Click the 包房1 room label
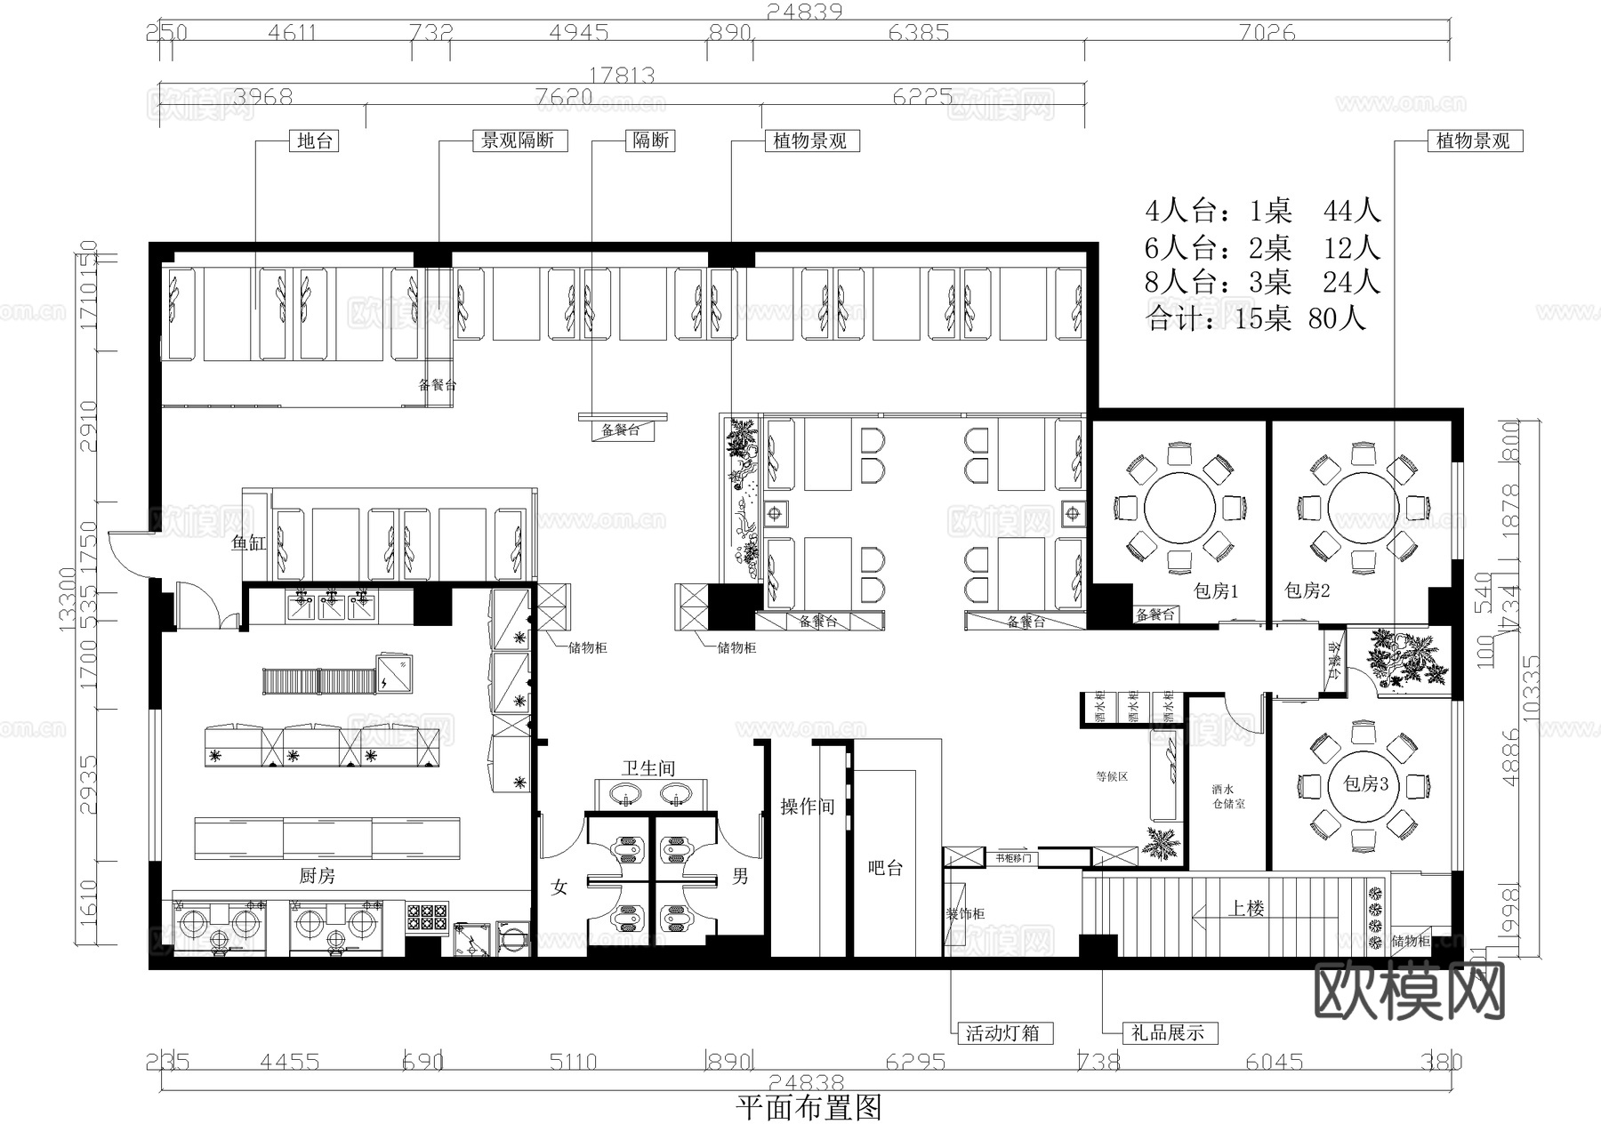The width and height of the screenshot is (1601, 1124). (x=1215, y=591)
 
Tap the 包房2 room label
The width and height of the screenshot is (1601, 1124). (x=1307, y=591)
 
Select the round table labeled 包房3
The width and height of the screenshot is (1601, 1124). (x=1365, y=783)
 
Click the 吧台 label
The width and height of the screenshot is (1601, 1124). (x=885, y=868)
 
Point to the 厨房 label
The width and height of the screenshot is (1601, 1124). (x=317, y=876)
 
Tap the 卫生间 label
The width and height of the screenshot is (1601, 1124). (x=648, y=768)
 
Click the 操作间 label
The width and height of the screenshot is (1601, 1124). (x=807, y=807)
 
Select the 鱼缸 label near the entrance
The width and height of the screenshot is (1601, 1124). (x=248, y=542)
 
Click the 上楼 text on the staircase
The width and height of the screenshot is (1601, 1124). (x=1246, y=909)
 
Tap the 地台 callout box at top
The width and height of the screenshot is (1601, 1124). (x=315, y=140)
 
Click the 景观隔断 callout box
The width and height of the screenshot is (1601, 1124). (x=518, y=140)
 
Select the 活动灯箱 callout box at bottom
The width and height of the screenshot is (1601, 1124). (x=1002, y=1033)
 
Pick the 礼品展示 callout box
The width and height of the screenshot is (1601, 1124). (x=1167, y=1033)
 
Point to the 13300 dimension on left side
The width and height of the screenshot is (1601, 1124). (x=67, y=600)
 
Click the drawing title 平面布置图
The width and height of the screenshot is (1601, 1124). (x=809, y=1108)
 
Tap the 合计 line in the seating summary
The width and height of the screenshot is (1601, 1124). (x=1255, y=318)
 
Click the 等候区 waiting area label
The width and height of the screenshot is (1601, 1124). (x=1112, y=776)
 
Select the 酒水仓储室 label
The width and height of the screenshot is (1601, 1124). (x=1228, y=796)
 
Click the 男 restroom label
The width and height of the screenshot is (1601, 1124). (x=740, y=877)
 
